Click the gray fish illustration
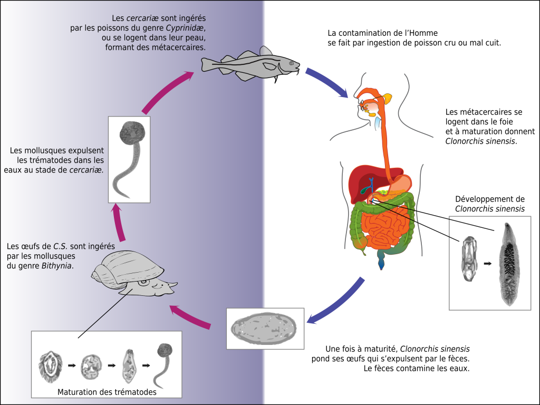click(248, 65)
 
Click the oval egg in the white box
click(265, 328)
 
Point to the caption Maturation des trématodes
click(107, 392)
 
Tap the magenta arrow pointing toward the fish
click(168, 90)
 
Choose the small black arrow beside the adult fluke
click(488, 263)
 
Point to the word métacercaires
click(179, 47)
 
